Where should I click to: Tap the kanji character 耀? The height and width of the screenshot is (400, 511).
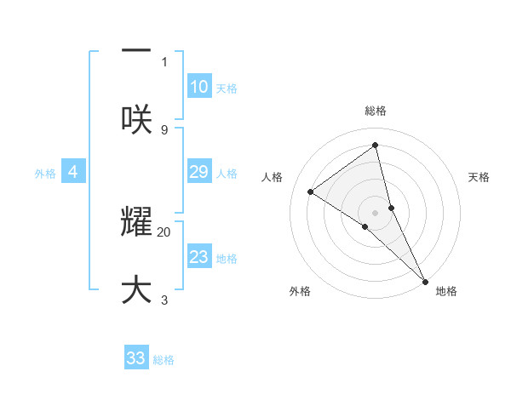(x=136, y=223)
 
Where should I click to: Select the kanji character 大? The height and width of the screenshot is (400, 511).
(x=136, y=289)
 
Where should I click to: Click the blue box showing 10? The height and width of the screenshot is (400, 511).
(x=198, y=87)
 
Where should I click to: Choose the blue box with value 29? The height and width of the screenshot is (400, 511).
(x=198, y=172)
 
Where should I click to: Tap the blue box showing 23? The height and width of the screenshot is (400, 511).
(x=198, y=257)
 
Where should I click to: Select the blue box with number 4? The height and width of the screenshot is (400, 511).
(x=73, y=172)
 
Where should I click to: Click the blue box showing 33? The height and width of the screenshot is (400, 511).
(x=136, y=358)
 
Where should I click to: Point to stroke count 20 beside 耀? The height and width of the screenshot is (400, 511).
(x=164, y=231)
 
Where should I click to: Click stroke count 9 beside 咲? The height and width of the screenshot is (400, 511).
(x=164, y=129)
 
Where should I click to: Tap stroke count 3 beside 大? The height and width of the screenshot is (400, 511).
(x=164, y=300)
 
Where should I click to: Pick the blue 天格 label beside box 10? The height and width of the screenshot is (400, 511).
(x=227, y=89)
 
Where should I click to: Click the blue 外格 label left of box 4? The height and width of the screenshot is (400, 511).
(x=45, y=174)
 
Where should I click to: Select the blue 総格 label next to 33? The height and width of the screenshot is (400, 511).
(x=164, y=360)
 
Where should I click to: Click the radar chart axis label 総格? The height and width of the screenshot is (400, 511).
(x=376, y=111)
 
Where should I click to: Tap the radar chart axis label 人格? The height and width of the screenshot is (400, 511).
(x=273, y=177)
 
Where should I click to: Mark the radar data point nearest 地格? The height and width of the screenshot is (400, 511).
(x=424, y=280)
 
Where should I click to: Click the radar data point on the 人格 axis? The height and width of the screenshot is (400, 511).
(x=311, y=191)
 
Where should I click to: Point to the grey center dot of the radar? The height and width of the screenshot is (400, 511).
(x=376, y=212)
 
